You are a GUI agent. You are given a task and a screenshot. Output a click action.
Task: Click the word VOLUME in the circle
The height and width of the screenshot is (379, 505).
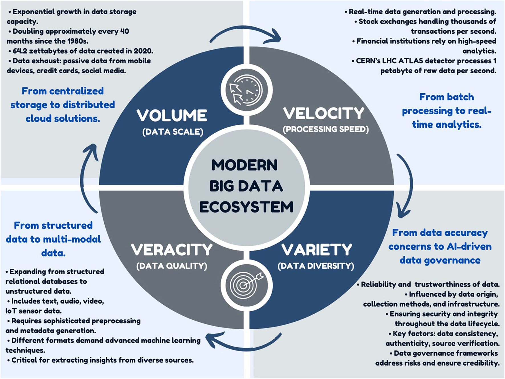click(172, 115)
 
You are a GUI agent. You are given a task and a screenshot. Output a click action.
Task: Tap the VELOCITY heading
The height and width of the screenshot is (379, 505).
click(324, 113)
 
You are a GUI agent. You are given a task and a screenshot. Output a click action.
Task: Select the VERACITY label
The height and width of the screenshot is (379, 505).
click(172, 250)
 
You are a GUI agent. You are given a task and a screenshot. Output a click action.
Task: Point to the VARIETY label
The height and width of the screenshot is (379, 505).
click(317, 250)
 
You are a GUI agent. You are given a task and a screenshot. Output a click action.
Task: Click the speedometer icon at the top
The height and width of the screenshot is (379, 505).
click(247, 90)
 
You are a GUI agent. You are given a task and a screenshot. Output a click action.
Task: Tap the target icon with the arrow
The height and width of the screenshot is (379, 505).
click(247, 285)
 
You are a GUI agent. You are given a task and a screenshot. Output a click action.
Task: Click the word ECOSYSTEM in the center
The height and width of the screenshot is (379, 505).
click(246, 207)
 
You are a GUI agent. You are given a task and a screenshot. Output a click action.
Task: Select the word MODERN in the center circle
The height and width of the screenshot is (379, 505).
click(245, 165)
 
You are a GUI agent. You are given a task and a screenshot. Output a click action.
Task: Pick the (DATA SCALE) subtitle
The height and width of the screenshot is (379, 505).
click(173, 132)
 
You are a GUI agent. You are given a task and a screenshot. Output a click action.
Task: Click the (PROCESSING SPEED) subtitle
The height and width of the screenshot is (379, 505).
click(326, 129)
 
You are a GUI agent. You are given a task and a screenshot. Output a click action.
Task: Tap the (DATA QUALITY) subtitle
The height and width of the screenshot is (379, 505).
click(172, 266)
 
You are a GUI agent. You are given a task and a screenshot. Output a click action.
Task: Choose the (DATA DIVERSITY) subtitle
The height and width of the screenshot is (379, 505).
click(316, 266)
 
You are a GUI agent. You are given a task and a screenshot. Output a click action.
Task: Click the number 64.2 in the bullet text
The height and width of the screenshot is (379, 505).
click(20, 51)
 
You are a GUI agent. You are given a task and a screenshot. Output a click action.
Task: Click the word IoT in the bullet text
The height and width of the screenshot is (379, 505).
click(11, 311)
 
